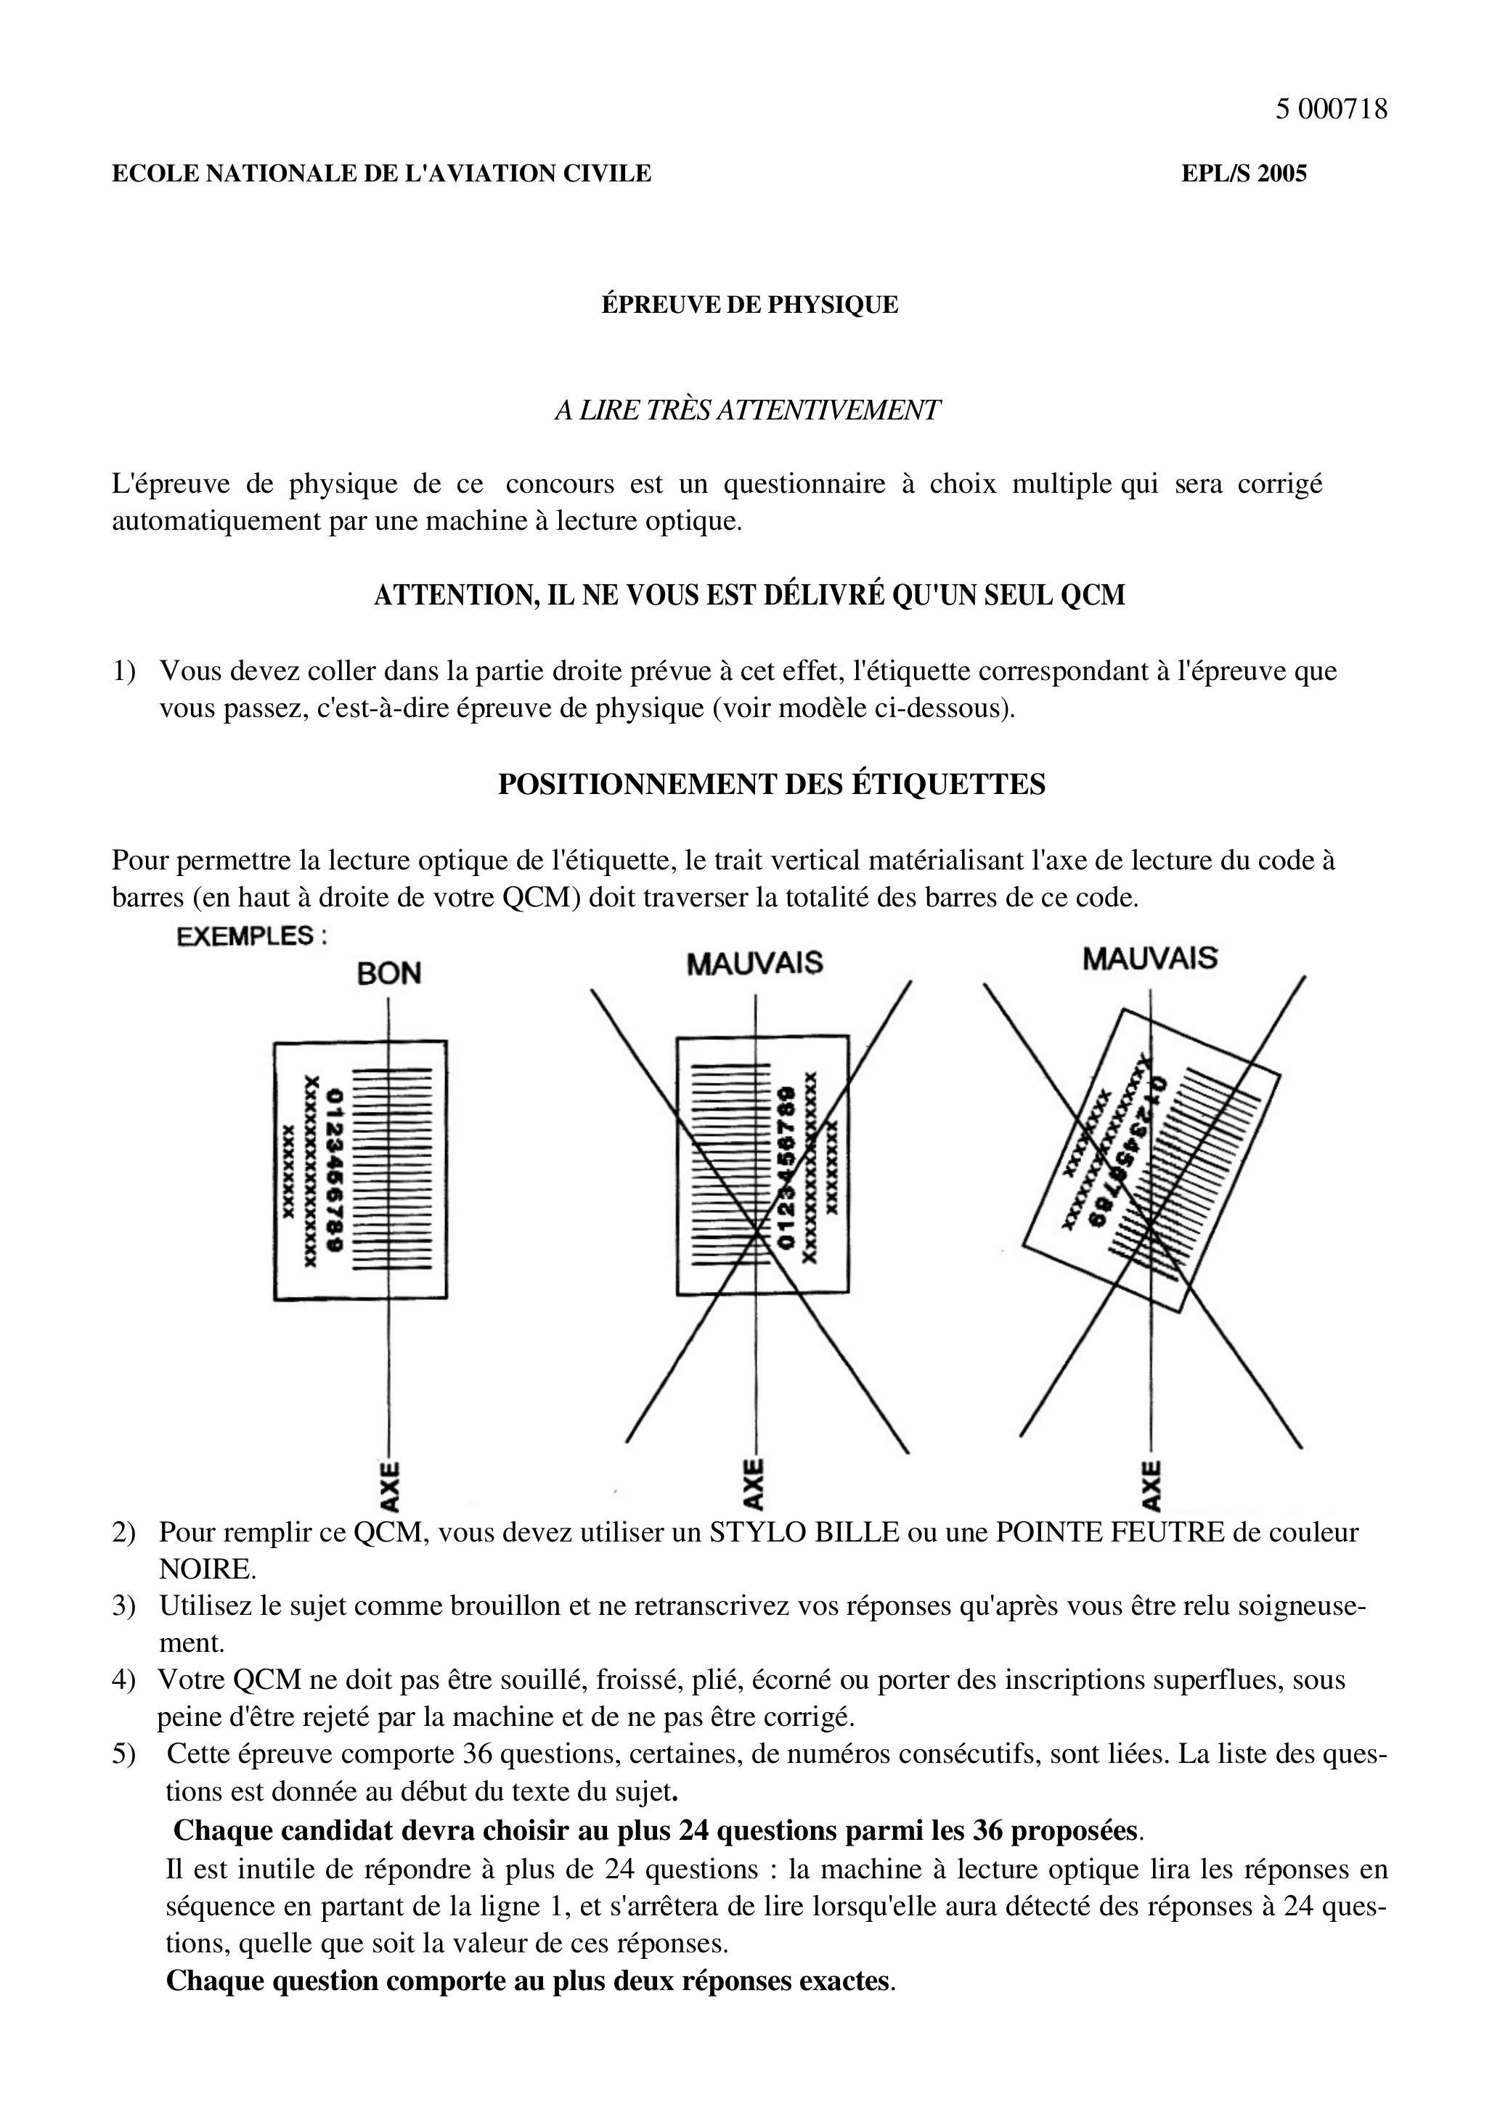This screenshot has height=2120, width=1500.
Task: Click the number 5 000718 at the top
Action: point(1331,109)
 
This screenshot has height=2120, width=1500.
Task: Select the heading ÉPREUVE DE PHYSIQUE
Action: point(749,305)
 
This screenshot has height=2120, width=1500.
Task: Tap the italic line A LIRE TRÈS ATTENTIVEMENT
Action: point(747,410)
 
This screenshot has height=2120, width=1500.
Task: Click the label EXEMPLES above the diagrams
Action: point(251,936)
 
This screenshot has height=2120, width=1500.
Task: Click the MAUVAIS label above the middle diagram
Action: point(754,963)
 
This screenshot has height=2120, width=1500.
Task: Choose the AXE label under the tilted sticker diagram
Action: point(1150,1485)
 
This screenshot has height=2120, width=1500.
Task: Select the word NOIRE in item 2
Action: point(203,1568)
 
